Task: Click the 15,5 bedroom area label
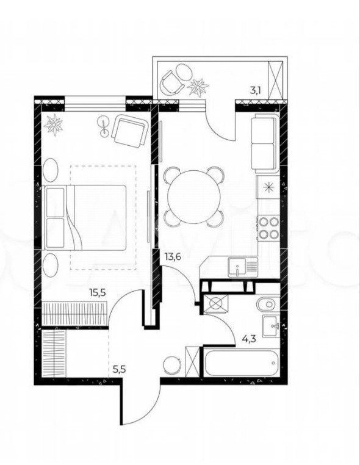[98, 293]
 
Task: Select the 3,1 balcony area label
[255, 90]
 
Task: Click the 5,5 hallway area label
[120, 370]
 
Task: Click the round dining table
[194, 197]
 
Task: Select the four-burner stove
[268, 228]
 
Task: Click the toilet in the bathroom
[267, 305]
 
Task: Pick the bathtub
[241, 363]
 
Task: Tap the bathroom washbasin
[270, 326]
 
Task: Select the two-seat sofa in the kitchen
[265, 143]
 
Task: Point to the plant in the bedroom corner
[53, 124]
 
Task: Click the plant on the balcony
[198, 87]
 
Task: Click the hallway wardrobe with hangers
[54, 353]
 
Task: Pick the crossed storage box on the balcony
[275, 81]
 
